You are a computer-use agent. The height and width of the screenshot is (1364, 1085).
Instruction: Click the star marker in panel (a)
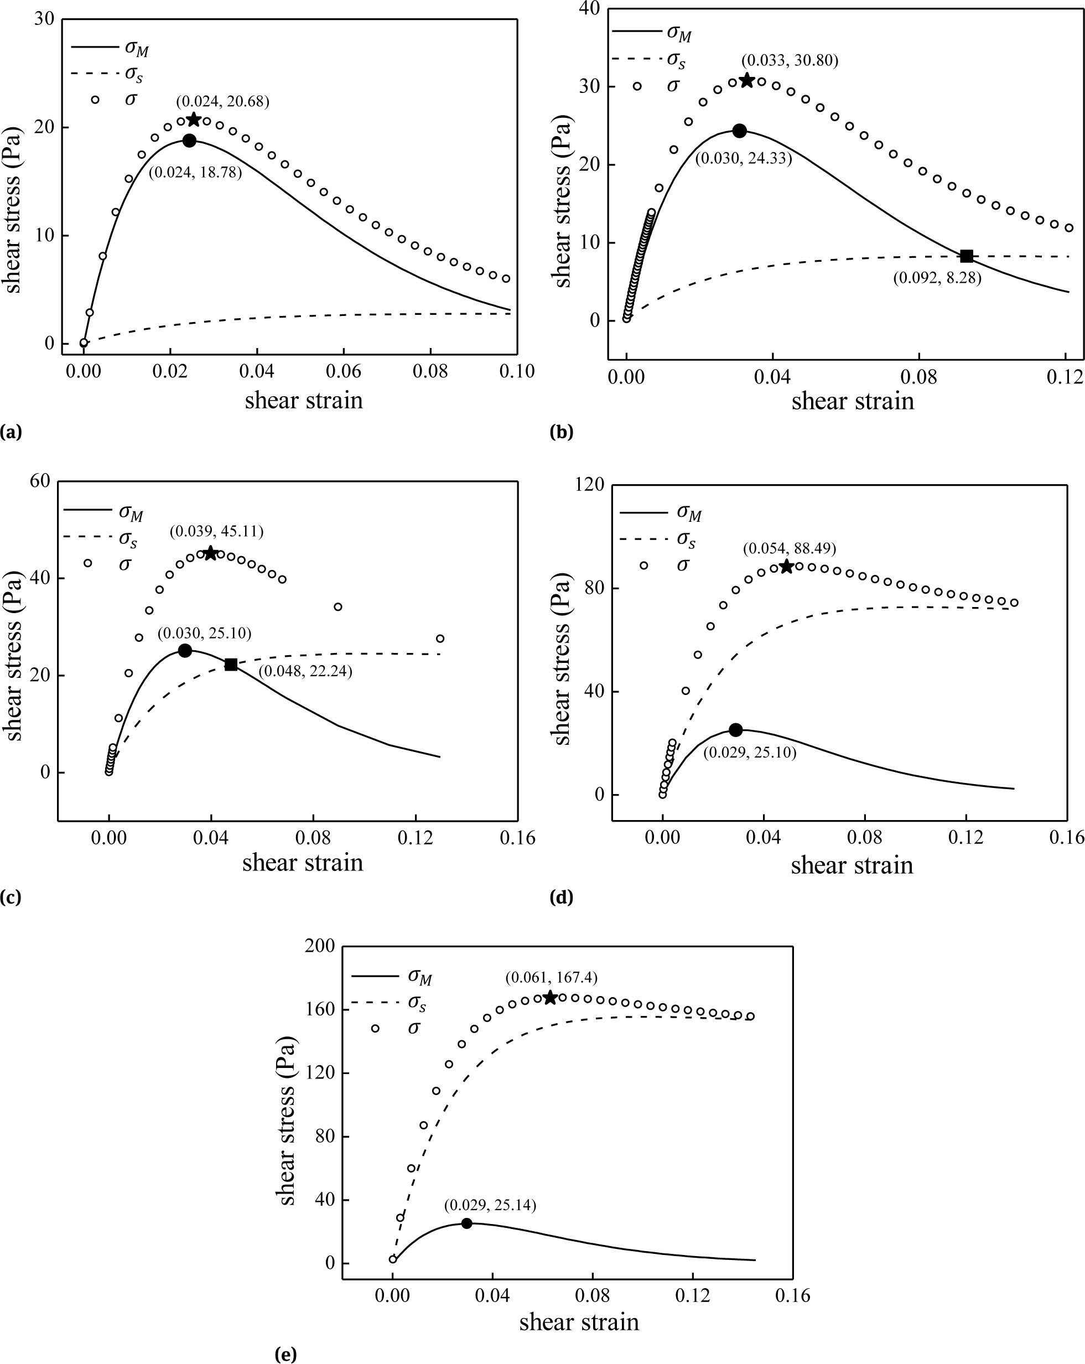pyautogui.click(x=194, y=120)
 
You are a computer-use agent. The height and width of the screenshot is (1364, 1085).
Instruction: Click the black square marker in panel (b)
pyautogui.click(x=966, y=256)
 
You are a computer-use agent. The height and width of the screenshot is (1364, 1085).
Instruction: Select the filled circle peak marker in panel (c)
pyautogui.click(x=185, y=650)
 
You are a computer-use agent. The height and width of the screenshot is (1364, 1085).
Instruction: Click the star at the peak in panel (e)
pyautogui.click(x=550, y=998)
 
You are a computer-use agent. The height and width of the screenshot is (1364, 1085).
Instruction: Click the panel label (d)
pyautogui.click(x=562, y=897)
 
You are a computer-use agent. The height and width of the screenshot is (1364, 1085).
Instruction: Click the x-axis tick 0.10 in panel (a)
pyautogui.click(x=516, y=371)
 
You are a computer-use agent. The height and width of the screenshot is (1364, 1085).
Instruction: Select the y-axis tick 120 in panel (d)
pyautogui.click(x=590, y=485)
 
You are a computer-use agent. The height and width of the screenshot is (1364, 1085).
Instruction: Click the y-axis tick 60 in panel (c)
pyautogui.click(x=39, y=481)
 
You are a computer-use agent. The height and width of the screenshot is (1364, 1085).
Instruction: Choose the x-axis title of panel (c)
pyautogui.click(x=303, y=863)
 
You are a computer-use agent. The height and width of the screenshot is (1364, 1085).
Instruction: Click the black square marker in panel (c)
pyautogui.click(x=231, y=664)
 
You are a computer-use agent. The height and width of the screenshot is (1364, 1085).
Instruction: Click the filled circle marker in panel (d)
pyautogui.click(x=735, y=729)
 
